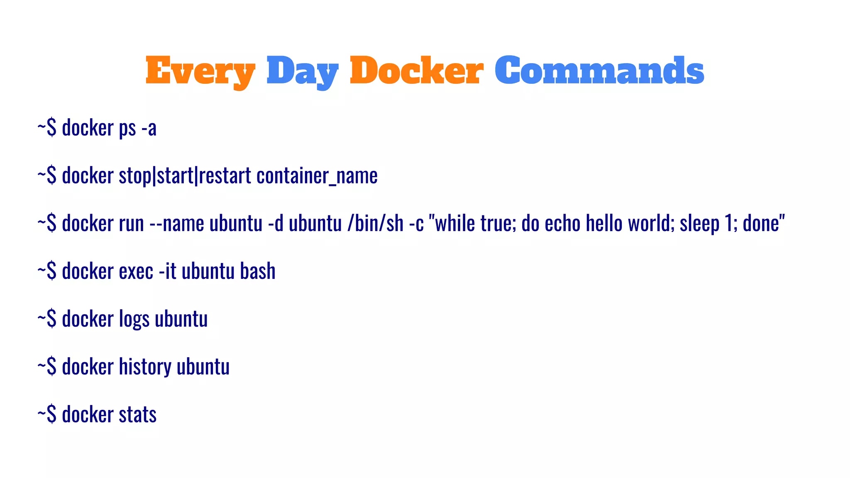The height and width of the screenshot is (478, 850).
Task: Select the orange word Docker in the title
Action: (x=416, y=71)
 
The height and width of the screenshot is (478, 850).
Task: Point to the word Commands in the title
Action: (x=599, y=71)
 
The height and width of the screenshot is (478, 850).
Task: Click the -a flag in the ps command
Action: (x=149, y=128)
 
